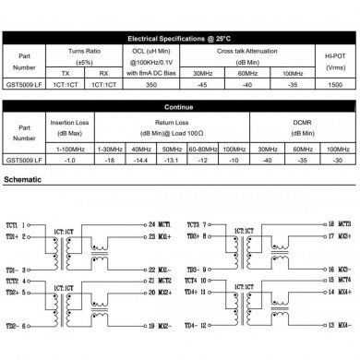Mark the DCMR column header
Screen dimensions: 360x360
click(x=304, y=126)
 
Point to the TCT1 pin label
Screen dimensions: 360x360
click(x=13, y=223)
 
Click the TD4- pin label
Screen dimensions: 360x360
click(x=192, y=326)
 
